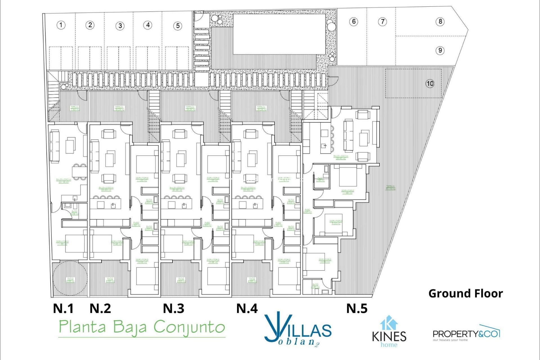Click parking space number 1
pos(61,25)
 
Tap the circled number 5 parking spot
pos(178,26)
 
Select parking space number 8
pos(440,22)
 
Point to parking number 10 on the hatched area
pos(430,84)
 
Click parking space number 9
pos(440,51)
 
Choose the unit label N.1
pos(63,309)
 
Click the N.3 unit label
pos(174,309)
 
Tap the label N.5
pos(357,309)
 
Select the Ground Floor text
pos(465,294)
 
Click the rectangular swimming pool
pos(279,34)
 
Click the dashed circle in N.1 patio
pos(70,278)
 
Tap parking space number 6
pos(354,22)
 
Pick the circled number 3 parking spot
pos(120,26)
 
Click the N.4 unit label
pos(247,309)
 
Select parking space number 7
pos(382,22)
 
